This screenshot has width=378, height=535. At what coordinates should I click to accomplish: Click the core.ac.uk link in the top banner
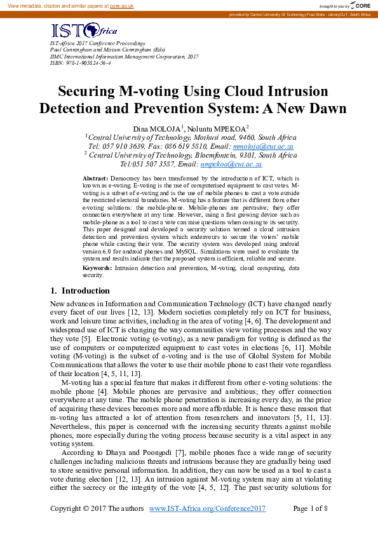pyautogui.click(x=121, y=5)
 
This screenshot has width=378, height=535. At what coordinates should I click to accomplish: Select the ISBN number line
pyautogui.click(x=80, y=64)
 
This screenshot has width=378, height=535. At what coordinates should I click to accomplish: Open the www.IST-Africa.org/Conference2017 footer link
pyautogui.click(x=207, y=509)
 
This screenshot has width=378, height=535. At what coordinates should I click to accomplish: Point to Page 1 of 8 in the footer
pyautogui.click(x=310, y=509)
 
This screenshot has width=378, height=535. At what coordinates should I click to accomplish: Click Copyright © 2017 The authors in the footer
pyautogui.click(x=97, y=509)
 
